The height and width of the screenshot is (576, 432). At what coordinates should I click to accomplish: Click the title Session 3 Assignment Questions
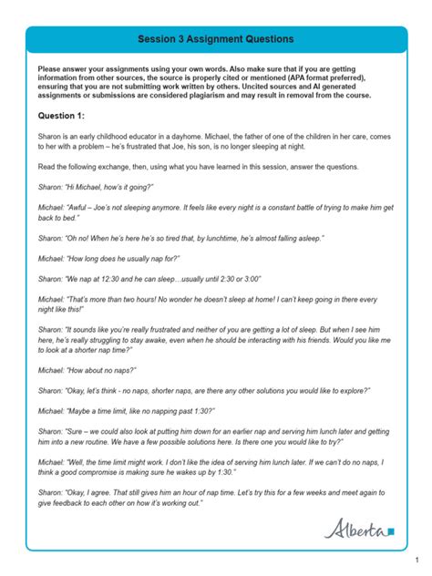(216, 39)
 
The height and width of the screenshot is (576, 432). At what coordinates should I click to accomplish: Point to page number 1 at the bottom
(416, 560)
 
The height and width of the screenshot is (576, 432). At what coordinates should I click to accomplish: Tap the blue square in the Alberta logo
(390, 530)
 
